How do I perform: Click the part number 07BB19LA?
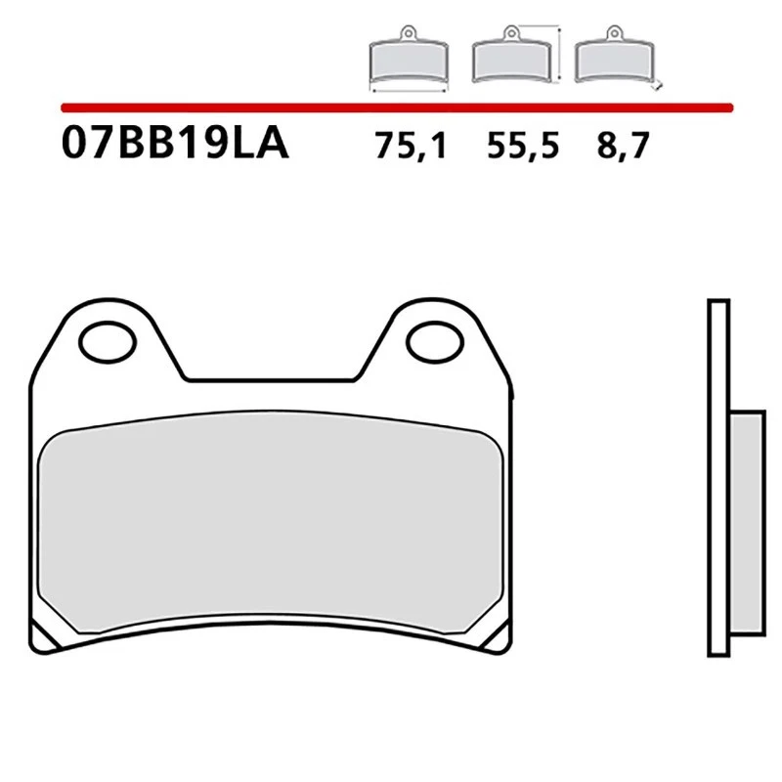click(174, 145)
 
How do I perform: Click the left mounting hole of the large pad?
click(106, 342)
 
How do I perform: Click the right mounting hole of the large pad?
click(433, 342)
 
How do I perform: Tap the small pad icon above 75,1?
click(409, 61)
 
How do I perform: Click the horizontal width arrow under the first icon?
click(409, 90)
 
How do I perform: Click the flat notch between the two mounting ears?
click(269, 379)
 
